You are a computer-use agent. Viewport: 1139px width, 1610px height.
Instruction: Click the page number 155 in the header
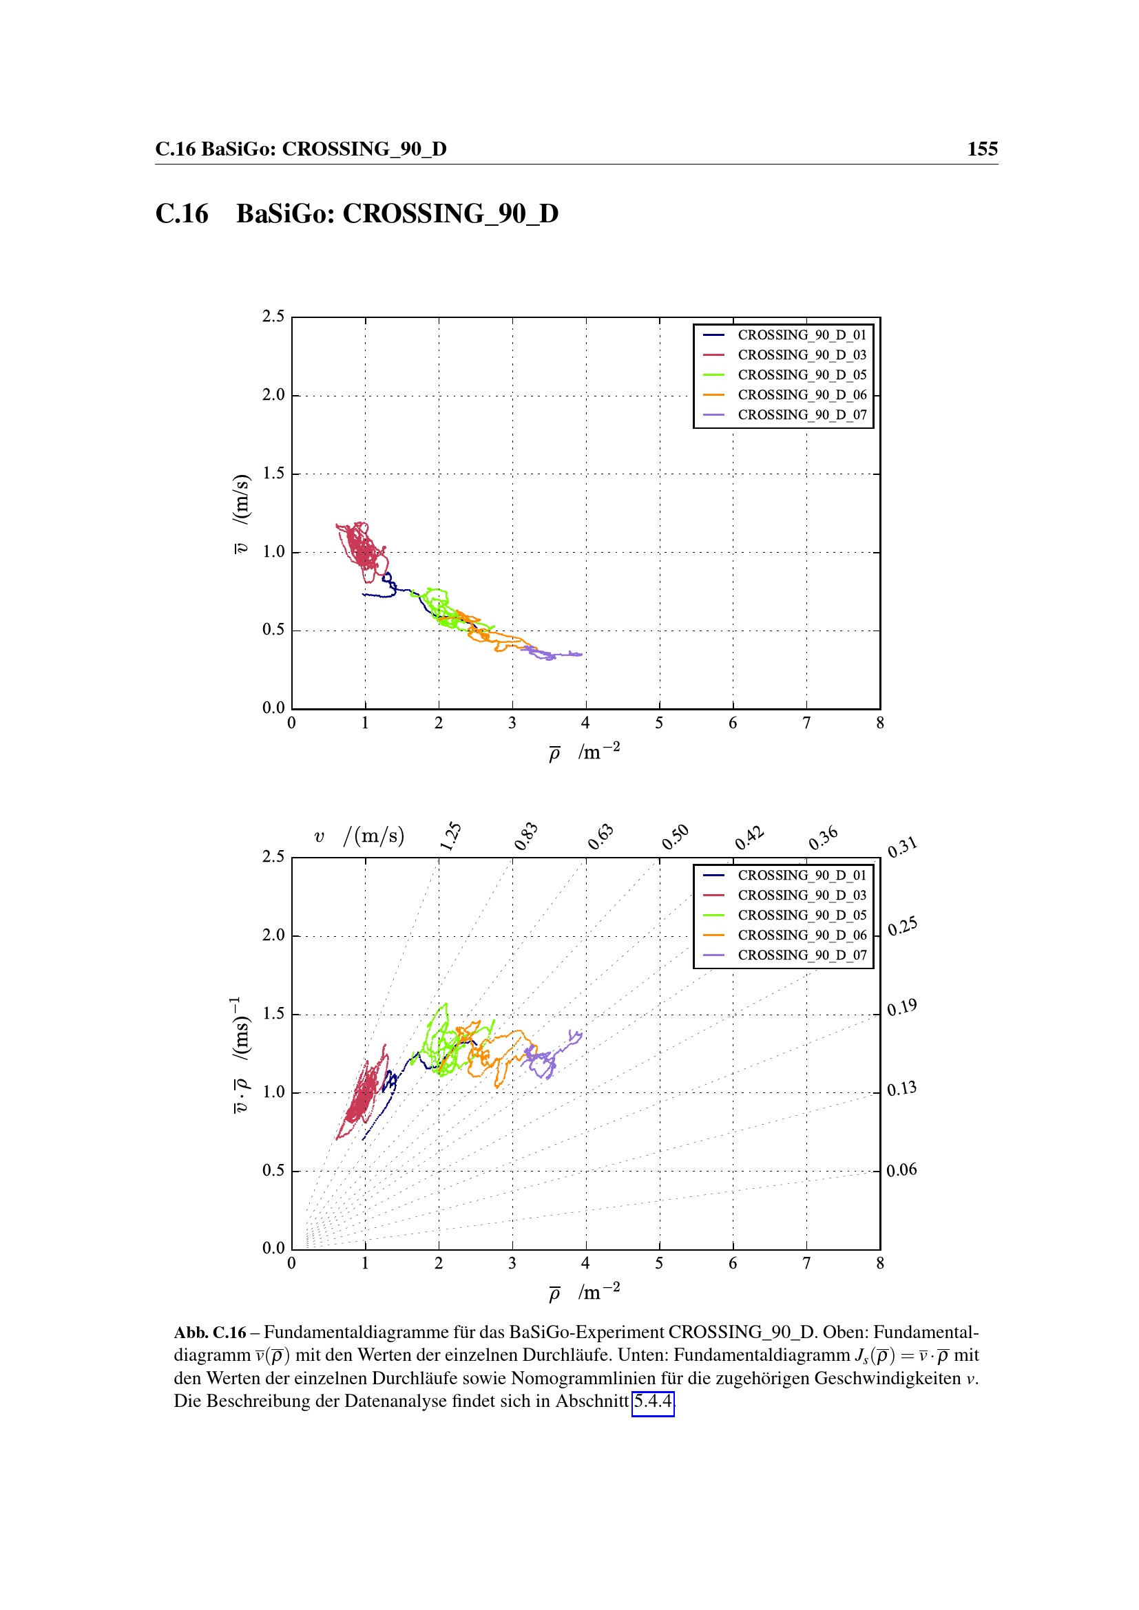tap(982, 149)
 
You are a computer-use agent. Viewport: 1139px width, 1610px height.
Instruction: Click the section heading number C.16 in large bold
tap(182, 214)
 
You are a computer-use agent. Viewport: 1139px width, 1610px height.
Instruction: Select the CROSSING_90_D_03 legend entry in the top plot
tap(801, 354)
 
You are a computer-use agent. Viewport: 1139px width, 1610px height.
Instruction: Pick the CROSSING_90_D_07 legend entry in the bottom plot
tap(801, 955)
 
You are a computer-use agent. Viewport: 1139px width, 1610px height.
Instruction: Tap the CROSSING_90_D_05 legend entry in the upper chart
tap(801, 374)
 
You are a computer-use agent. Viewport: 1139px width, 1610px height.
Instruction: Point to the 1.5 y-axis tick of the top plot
tap(273, 474)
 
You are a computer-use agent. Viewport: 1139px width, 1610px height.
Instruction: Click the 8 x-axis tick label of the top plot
tap(879, 723)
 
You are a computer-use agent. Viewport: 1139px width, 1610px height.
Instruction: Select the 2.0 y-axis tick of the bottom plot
tap(273, 935)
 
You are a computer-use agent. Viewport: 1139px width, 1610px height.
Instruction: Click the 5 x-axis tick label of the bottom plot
tap(659, 1263)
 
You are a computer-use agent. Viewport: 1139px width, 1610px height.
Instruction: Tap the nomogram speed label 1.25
tap(450, 836)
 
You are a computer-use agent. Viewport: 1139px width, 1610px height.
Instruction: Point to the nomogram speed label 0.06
tap(901, 1169)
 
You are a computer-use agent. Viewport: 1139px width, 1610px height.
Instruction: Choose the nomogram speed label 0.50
tap(675, 836)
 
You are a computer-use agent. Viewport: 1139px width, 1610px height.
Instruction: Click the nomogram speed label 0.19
tap(901, 1008)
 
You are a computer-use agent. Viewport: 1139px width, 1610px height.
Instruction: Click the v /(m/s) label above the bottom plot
tap(359, 836)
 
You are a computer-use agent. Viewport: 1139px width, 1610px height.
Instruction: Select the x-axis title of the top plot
tap(584, 752)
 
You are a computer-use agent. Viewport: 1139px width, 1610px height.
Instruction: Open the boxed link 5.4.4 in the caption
tap(652, 1401)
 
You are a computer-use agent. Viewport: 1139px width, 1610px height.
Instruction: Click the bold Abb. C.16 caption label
tap(210, 1333)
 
